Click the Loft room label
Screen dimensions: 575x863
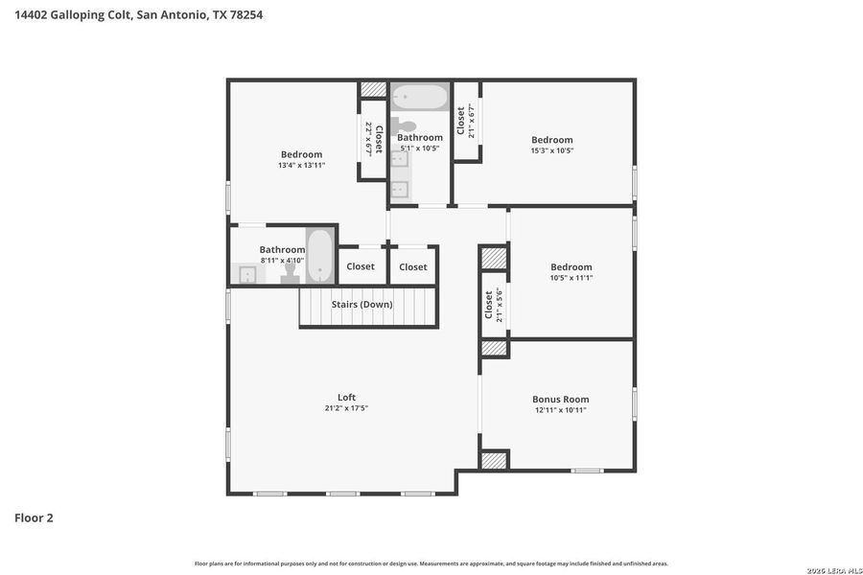[346, 398]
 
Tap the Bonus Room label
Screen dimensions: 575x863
[560, 400]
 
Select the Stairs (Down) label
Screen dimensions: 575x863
[362, 305]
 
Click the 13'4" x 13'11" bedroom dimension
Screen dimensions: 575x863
[301, 166]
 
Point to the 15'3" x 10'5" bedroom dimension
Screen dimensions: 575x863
[552, 151]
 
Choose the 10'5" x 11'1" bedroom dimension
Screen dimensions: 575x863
[571, 278]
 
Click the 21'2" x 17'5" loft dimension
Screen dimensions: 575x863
[346, 408]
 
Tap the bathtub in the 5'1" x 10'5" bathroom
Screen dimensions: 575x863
[420, 98]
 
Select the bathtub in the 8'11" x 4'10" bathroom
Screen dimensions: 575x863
[319, 255]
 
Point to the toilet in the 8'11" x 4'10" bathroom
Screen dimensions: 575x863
[290, 274]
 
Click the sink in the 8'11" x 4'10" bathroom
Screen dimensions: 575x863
[247, 275]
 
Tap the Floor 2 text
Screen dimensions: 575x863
[34, 517]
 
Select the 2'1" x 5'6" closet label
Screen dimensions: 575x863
[494, 306]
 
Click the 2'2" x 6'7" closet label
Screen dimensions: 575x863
[373, 139]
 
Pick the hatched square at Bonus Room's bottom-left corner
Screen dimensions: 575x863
[494, 460]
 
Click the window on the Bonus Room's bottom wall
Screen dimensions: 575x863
[586, 471]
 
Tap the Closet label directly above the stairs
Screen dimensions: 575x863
[361, 266]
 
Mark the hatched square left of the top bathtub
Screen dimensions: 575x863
[372, 90]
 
